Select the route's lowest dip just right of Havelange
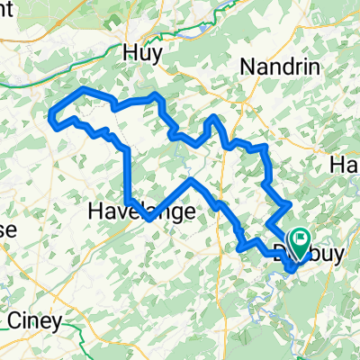click(x=148, y=218)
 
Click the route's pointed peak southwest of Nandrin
click(x=212, y=117)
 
